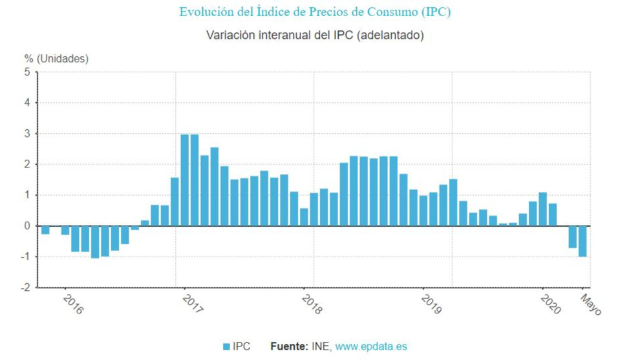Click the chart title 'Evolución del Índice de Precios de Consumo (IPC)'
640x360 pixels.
tap(315, 12)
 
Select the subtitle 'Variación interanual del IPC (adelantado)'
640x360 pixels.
tap(315, 35)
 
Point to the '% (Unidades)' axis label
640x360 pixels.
tap(57, 59)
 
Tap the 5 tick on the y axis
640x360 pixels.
tap(27, 72)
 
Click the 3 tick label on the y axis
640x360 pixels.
tap(27, 134)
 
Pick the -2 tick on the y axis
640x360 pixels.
tap(25, 288)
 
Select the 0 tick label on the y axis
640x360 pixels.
tap(27, 226)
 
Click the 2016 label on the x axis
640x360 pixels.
tap(73, 304)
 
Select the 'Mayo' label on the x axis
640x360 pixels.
tap(590, 304)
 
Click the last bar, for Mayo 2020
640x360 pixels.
tap(582, 242)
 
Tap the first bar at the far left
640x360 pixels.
tap(45, 230)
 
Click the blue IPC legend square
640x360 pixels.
tap(226, 347)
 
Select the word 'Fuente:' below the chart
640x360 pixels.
tap(289, 347)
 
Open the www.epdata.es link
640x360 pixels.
tap(371, 347)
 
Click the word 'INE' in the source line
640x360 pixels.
tap(321, 347)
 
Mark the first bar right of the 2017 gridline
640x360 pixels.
tap(185, 180)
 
